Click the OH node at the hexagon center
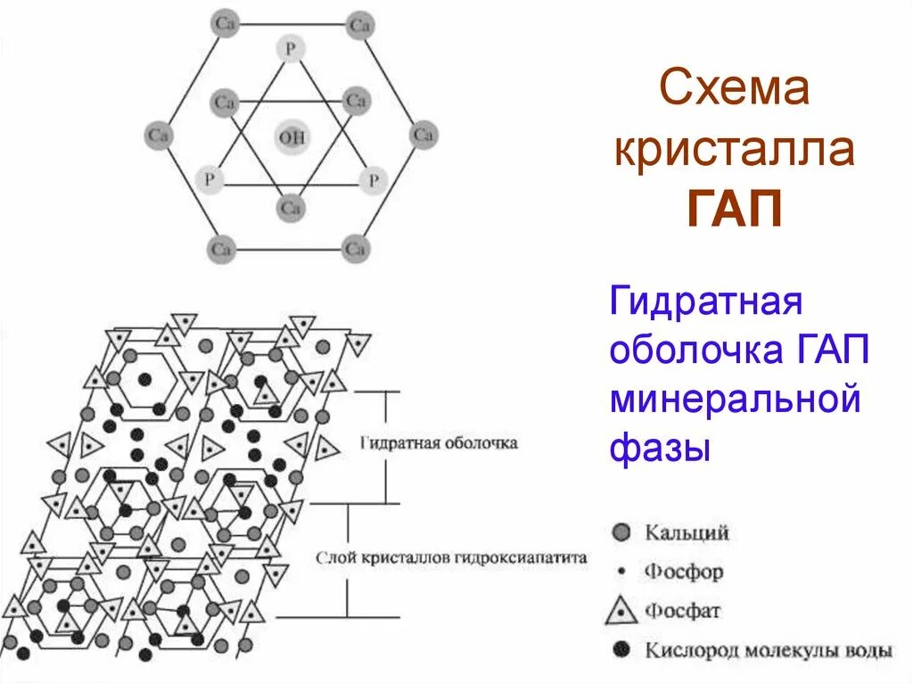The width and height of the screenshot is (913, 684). click(x=291, y=137)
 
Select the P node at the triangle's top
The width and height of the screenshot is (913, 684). click(x=290, y=48)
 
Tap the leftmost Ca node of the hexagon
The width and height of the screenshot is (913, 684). click(x=158, y=136)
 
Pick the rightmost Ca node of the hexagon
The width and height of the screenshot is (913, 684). click(x=424, y=136)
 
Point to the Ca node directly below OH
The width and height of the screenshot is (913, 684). click(x=290, y=208)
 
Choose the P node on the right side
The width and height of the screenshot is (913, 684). click(x=372, y=180)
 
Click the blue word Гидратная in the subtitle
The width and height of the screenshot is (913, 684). click(x=707, y=301)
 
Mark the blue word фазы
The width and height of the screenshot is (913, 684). click(x=660, y=447)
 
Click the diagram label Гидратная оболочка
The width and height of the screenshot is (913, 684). click(x=440, y=442)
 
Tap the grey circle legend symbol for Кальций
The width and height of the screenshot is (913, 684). click(x=621, y=532)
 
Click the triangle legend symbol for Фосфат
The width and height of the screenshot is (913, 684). click(x=621, y=611)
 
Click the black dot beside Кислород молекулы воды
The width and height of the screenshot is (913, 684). click(x=621, y=649)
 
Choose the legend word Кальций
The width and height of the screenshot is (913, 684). click(x=687, y=533)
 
